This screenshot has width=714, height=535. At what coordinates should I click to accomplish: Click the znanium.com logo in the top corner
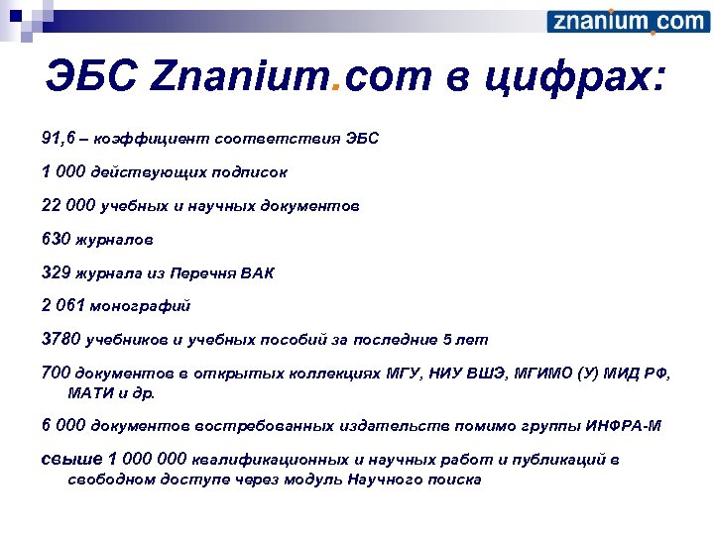pyautogui.click(x=628, y=22)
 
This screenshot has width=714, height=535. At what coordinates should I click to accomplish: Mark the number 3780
pyautogui.click(x=61, y=340)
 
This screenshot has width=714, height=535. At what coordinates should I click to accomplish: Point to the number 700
pyautogui.click(x=56, y=374)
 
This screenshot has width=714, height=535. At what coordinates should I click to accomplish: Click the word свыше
pyautogui.click(x=70, y=460)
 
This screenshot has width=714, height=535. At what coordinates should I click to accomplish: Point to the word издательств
pyautogui.click(x=396, y=426)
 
